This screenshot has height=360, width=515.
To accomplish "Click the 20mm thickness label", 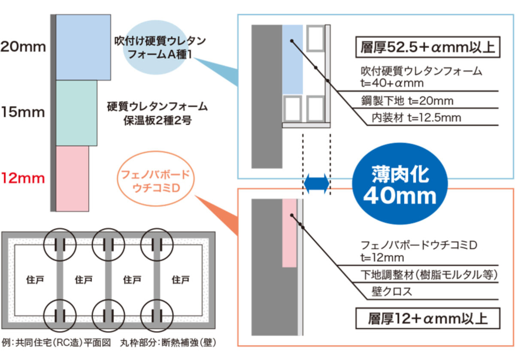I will [x=23, y=47].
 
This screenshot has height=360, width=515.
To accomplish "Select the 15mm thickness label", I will [x=23, y=112].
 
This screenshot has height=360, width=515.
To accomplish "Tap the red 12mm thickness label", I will [x=23, y=178].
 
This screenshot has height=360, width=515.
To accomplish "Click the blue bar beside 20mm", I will [x=83, y=47].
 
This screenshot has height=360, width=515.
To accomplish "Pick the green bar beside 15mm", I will [x=76, y=113].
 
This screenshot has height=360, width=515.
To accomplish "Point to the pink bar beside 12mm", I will [x=72, y=178].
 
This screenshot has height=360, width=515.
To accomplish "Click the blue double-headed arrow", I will [x=316, y=183].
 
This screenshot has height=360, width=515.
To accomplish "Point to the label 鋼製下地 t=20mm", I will [x=407, y=101].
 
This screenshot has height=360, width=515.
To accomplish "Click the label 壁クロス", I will [x=391, y=292].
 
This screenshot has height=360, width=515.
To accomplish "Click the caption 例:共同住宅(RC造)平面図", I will [x=57, y=342].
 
